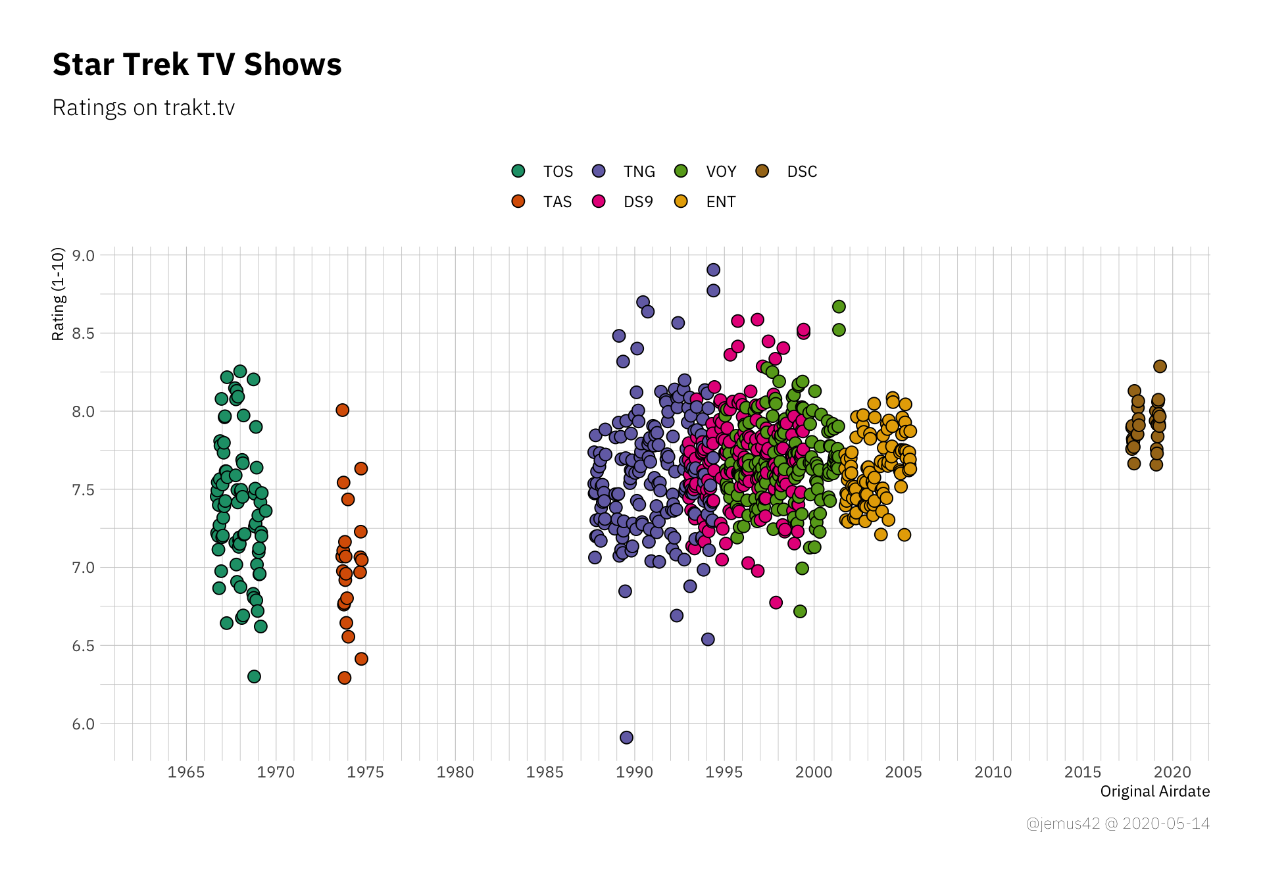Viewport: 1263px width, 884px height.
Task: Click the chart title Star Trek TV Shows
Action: [197, 64]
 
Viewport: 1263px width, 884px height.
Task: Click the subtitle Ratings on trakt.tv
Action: [143, 108]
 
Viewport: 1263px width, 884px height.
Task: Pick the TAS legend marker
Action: [518, 201]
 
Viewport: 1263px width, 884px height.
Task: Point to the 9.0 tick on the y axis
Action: [84, 256]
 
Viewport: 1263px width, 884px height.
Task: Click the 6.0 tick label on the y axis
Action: [84, 724]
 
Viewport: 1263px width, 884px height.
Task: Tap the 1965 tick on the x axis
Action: [186, 772]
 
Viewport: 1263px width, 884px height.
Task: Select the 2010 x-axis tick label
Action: [993, 772]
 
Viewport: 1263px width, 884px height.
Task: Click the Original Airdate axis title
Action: [1154, 791]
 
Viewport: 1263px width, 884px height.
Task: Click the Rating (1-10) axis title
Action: [59, 294]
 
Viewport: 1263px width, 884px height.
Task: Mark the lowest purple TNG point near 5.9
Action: [626, 737]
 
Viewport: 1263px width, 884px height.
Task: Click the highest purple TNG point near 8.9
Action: [713, 270]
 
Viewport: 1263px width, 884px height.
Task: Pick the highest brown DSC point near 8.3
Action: [1160, 366]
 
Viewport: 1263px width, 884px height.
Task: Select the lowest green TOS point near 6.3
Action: [254, 676]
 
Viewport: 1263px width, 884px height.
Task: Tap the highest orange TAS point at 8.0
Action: [342, 410]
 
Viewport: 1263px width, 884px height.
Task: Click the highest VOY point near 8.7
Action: [839, 307]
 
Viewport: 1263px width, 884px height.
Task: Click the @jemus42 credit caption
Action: [1117, 823]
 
